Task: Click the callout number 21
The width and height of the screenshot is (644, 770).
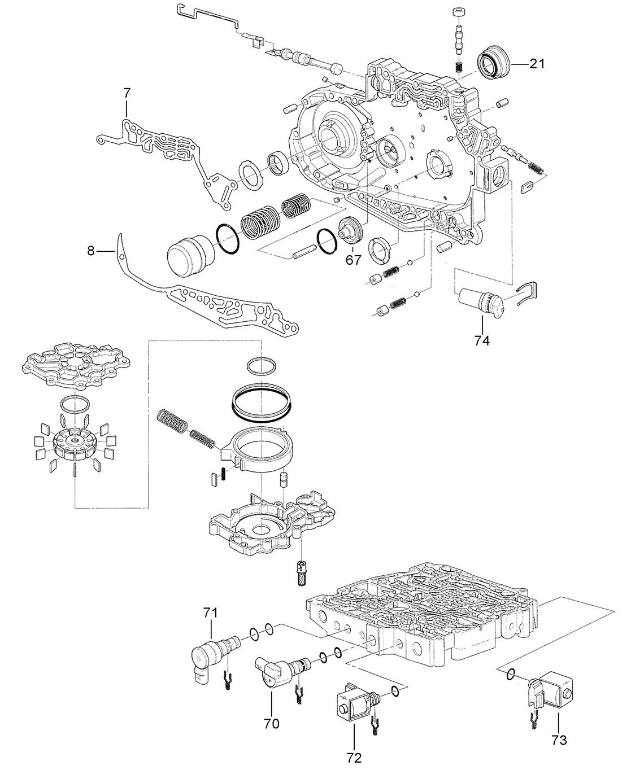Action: tap(537, 64)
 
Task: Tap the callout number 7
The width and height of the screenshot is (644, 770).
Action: tap(127, 93)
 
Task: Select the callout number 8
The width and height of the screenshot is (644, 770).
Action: tap(91, 251)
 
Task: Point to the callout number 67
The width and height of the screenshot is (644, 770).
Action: tap(353, 260)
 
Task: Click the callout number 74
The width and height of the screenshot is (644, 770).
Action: tap(482, 341)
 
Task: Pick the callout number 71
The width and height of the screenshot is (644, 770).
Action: tap(210, 613)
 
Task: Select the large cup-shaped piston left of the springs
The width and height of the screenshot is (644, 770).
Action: tap(190, 255)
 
